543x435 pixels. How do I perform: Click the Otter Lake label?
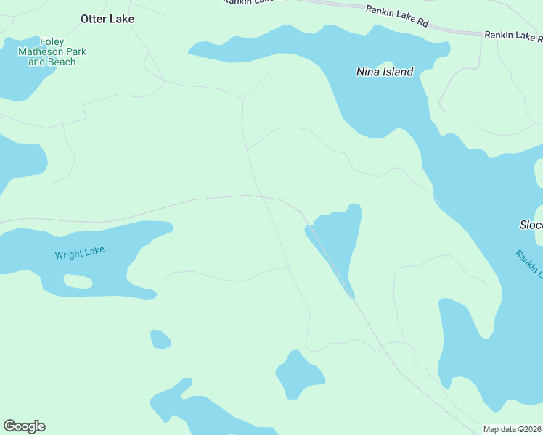(x=107, y=19)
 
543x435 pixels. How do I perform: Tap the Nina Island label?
(x=385, y=72)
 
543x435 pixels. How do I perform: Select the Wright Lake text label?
(x=80, y=253)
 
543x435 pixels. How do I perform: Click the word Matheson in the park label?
(x=52, y=52)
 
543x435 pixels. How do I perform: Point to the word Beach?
(x=62, y=62)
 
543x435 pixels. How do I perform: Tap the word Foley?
(x=52, y=42)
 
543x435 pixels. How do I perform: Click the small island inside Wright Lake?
(x=78, y=281)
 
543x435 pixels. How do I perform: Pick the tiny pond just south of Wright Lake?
(x=160, y=339)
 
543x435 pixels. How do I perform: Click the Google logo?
(x=25, y=426)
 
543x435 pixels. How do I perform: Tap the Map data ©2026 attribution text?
(x=513, y=429)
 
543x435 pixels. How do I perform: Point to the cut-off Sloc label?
(x=531, y=225)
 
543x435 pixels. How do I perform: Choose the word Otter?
(x=94, y=19)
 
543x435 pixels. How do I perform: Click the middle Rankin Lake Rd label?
(x=396, y=14)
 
